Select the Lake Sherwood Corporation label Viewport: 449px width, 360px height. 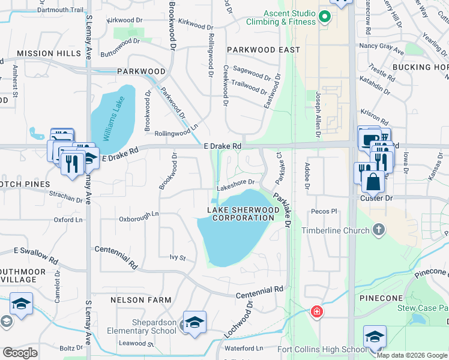(x=243, y=214)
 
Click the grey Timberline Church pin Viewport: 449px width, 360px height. (x=379, y=229)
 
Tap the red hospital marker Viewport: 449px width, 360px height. (x=316, y=312)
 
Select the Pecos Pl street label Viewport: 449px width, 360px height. (x=325, y=212)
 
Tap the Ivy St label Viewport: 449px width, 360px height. (x=178, y=258)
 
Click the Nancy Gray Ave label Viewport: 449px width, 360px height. (x=381, y=46)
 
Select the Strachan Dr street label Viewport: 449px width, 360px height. (x=66, y=196)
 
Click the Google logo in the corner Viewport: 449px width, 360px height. (x=20, y=353)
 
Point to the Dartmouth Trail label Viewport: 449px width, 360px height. (x=61, y=10)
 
